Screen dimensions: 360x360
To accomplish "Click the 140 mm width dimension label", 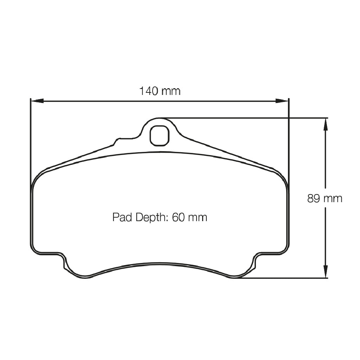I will click(160, 91).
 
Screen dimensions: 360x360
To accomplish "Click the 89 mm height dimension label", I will click(324, 199).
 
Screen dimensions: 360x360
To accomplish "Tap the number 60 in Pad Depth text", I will click(178, 217).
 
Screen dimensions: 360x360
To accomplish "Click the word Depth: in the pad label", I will click(149, 218).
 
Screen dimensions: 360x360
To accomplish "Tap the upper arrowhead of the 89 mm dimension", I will click(326, 124).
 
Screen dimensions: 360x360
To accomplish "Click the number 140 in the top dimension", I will click(149, 91).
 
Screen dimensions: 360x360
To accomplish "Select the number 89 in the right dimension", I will click(314, 199).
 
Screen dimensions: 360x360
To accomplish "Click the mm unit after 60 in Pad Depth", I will click(198, 217).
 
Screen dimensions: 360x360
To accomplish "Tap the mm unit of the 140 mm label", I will click(171, 91).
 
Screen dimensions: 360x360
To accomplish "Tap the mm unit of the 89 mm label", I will click(333, 199).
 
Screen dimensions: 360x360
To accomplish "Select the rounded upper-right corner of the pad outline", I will click(283, 178).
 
